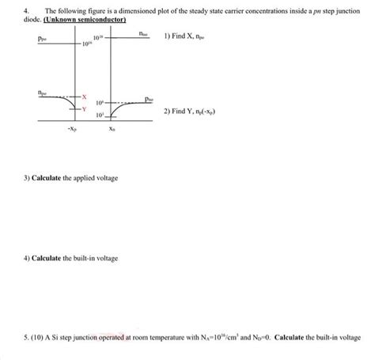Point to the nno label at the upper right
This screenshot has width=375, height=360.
coord(142,34)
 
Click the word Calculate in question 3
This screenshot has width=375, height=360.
coord(51,178)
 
